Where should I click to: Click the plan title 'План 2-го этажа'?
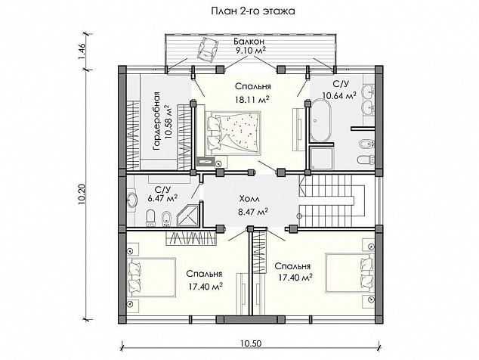pos(253,11)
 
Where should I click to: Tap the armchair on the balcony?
pos(208,50)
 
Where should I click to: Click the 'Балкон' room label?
pos(249,41)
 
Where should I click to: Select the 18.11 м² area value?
pos(252,99)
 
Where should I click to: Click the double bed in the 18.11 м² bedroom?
pos(233,133)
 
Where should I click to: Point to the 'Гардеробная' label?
pos(158,121)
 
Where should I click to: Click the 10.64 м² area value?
pos(340,96)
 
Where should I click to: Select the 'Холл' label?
pos(249,200)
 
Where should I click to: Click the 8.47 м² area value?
pos(253,211)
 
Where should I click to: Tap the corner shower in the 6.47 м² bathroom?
pos(188,216)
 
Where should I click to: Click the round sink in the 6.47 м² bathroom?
pos(132,200)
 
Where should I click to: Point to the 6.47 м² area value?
pos(162,199)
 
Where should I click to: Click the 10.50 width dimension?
pos(251,343)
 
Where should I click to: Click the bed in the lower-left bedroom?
pos(151,277)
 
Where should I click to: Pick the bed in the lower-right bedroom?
pos(350,272)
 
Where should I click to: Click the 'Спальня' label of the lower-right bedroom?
pos(292,266)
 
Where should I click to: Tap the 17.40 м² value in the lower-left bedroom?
pos(205,287)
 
